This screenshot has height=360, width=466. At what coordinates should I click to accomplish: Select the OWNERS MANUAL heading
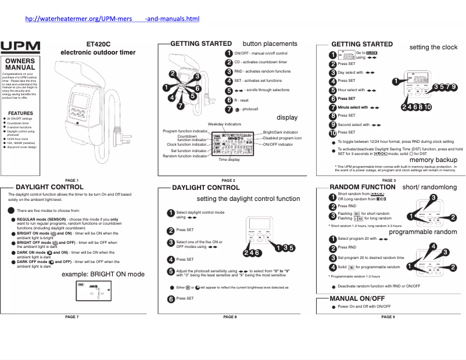(20, 64)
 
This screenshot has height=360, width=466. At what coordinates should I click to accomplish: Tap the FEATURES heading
(20, 113)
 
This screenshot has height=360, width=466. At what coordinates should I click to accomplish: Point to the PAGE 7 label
(72, 317)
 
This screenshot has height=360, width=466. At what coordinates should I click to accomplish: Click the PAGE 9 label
(388, 317)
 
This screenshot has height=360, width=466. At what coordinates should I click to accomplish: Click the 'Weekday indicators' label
(224, 124)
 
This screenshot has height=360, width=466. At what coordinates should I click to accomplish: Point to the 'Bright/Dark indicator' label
(281, 132)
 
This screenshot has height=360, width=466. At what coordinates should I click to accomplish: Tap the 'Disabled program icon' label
(282, 138)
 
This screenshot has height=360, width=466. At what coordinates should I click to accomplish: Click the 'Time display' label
(229, 159)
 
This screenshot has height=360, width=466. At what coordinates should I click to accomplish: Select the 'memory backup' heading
(433, 160)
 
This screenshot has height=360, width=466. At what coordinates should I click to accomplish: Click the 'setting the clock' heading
(433, 46)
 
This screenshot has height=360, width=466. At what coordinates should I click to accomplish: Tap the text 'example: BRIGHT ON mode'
(103, 274)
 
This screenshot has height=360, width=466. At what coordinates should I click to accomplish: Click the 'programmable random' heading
(423, 232)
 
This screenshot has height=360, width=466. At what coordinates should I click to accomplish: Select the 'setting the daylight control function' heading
(248, 199)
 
